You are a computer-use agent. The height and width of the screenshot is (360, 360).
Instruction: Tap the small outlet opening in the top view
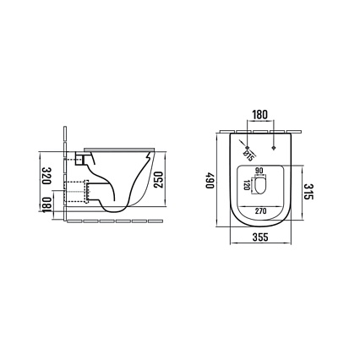tap(261, 187)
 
